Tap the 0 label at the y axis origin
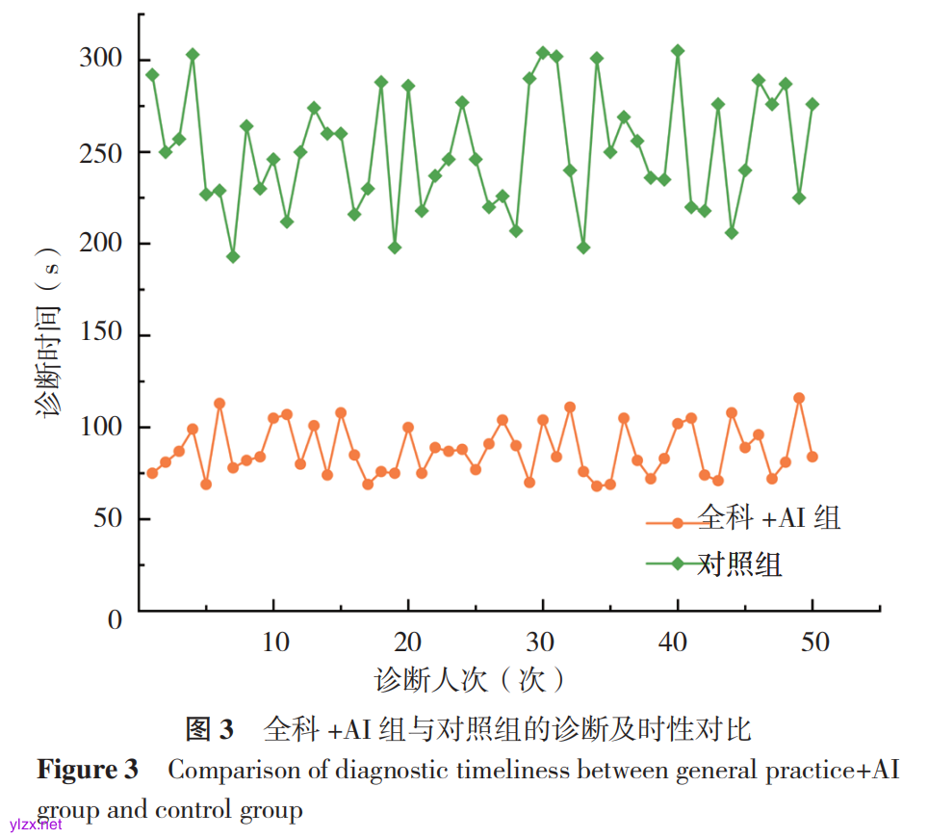pyautogui.click(x=116, y=619)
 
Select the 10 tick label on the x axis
pyautogui.click(x=275, y=642)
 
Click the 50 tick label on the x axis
pyautogui.click(x=814, y=642)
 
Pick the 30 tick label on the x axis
pyautogui.click(x=545, y=642)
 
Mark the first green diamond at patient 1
pyautogui.click(x=152, y=74)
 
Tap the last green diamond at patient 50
pyautogui.click(x=812, y=104)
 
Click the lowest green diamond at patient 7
pyautogui.click(x=233, y=256)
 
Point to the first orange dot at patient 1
pyautogui.click(x=152, y=473)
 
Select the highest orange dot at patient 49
pyautogui.click(x=799, y=398)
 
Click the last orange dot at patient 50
pyautogui.click(x=812, y=457)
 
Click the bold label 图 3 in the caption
pyautogui.click(x=209, y=729)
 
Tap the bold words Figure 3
pyautogui.click(x=88, y=771)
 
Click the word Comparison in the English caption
pyautogui.click(x=227, y=771)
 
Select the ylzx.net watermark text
pyautogui.click(x=35, y=825)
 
